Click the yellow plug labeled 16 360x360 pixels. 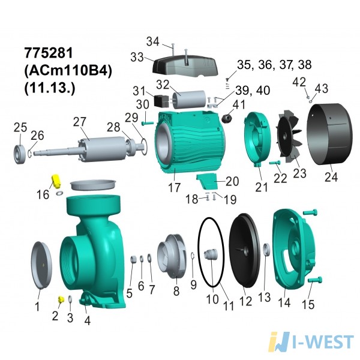pyautogui.click(x=56, y=181)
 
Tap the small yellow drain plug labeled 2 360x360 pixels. pyautogui.click(x=61, y=299)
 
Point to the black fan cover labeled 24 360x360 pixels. pyautogui.click(x=329, y=134)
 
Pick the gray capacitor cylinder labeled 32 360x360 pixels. pyautogui.click(x=189, y=100)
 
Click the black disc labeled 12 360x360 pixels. pyautogui.click(x=245, y=250)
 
